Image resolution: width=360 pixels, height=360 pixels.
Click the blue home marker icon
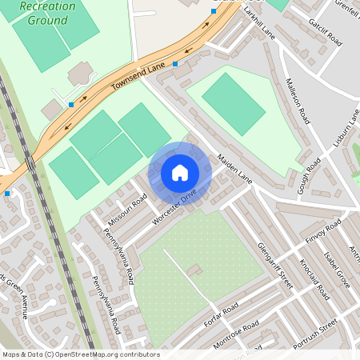point(180,173)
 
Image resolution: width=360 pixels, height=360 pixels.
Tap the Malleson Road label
point(297,100)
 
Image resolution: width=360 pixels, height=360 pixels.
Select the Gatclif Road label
point(325,30)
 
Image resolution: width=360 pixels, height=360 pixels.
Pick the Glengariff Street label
point(275,260)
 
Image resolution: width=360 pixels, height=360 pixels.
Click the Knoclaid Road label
point(312,277)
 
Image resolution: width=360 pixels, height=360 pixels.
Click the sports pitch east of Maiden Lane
point(233,103)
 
